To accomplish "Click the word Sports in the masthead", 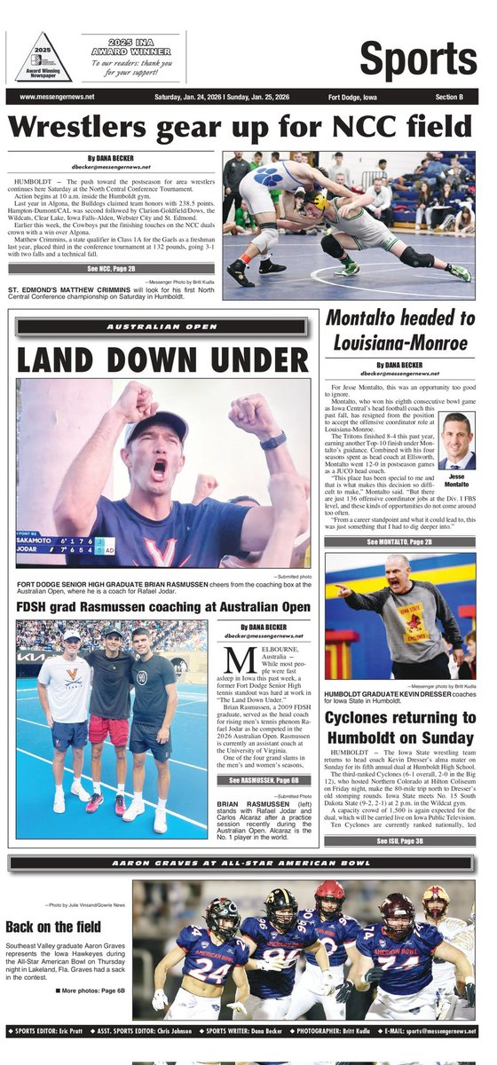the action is tap(419, 59).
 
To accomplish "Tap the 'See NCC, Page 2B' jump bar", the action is tap(112, 267).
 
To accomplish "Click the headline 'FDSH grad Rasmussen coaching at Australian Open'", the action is tap(163, 607).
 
